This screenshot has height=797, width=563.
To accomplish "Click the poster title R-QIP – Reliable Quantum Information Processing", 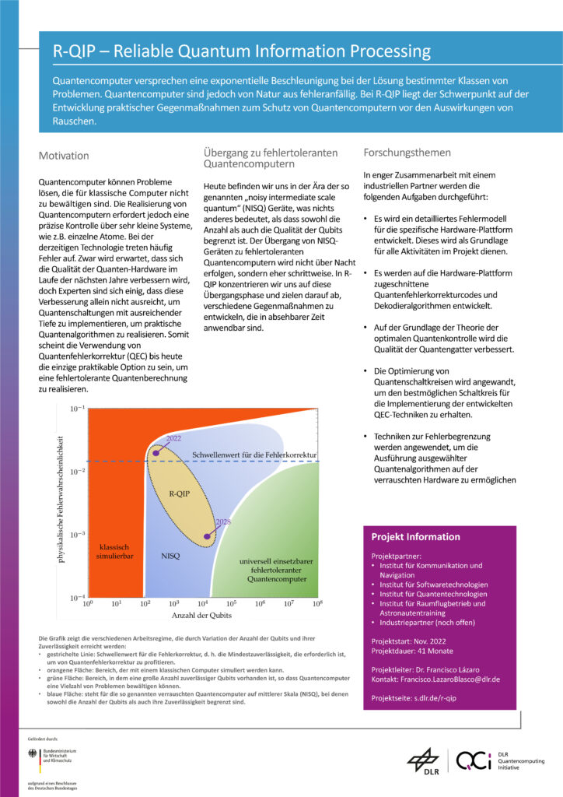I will [x=241, y=52].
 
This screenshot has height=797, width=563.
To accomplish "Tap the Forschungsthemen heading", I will [x=403, y=152].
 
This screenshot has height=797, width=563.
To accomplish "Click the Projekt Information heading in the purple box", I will [x=415, y=537].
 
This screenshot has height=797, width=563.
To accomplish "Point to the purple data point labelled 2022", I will [x=156, y=452].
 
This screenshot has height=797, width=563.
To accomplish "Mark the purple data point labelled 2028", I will [x=206, y=536].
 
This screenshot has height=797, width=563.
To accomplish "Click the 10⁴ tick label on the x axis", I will [x=204, y=603].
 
